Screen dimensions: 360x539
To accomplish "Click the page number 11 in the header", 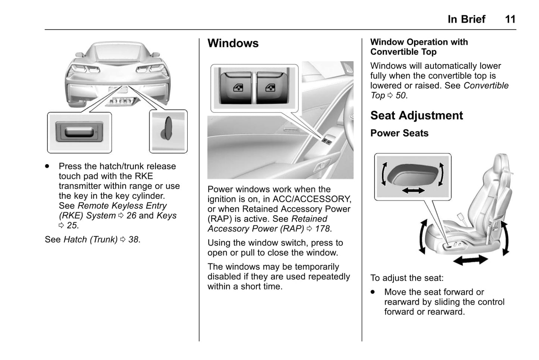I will tap(510, 19).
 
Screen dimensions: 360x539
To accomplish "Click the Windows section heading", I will tap(233, 43).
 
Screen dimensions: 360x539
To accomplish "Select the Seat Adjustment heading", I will tap(416, 116).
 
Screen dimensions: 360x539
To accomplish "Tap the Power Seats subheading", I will tap(399, 133).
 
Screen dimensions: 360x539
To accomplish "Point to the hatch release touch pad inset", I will tap(79, 132).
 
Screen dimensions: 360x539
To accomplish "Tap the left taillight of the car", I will tap(85, 69).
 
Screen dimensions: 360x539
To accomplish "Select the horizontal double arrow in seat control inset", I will tap(413, 191).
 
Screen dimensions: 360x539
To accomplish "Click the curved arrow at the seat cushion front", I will tap(423, 237).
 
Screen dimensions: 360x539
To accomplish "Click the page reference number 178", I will tap(322, 229).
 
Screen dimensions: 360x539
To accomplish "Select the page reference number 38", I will tap(133, 240).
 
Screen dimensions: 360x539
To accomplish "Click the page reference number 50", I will tap(400, 96).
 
